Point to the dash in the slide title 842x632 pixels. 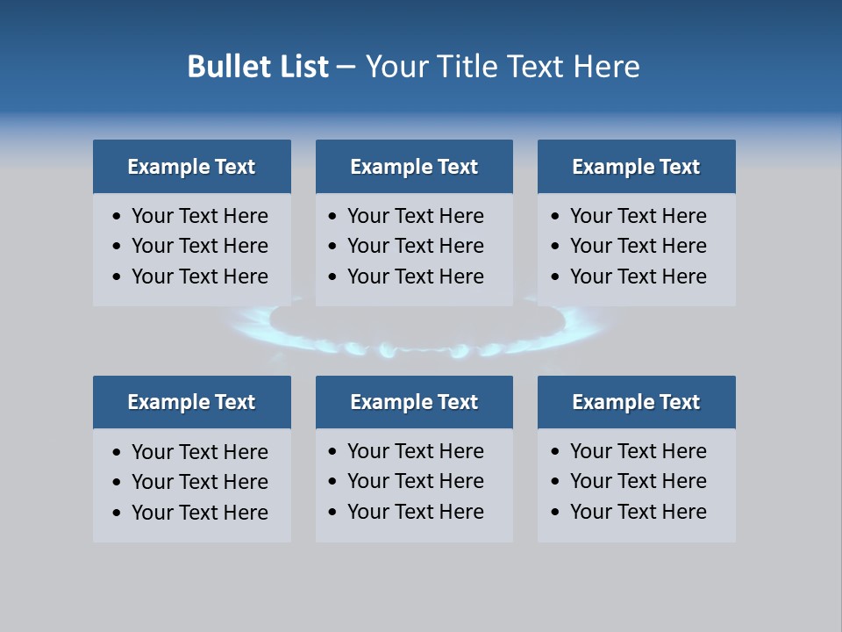[346, 68]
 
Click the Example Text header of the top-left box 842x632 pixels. [191, 167]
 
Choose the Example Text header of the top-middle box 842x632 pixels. [414, 167]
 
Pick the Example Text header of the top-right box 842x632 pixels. [636, 167]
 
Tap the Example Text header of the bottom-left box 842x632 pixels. [191, 402]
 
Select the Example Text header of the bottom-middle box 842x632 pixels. [414, 402]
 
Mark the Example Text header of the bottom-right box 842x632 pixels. [636, 402]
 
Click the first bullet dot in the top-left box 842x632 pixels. [118, 217]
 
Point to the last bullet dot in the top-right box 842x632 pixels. [556, 277]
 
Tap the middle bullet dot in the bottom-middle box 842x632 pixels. [333, 482]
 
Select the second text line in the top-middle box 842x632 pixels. [416, 246]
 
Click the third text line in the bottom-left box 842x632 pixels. [200, 513]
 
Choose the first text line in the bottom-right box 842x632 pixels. [639, 451]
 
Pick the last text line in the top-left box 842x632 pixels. [200, 276]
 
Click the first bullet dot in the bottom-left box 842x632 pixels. [118, 453]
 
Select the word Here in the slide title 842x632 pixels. [606, 67]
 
